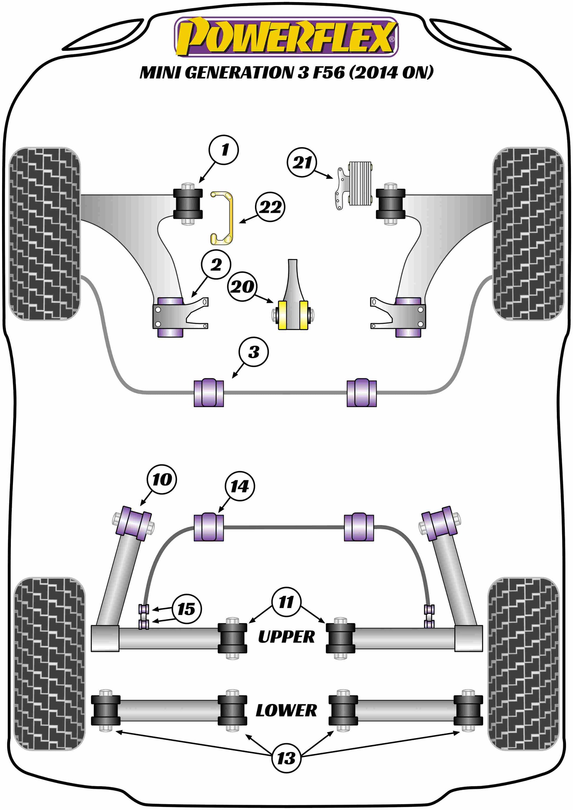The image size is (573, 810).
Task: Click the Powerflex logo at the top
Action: pos(286,37)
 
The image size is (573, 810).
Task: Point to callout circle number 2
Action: pos(216,264)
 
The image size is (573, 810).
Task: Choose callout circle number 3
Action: pos(253,352)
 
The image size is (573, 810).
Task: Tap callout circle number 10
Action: pos(162,479)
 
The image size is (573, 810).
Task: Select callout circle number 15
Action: pos(186,609)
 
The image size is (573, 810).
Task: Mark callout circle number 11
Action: pos(286,602)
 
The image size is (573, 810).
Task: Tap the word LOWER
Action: pos(286,711)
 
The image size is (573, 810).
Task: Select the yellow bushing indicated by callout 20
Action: pos(293,315)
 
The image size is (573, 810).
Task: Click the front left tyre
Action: pos(44,233)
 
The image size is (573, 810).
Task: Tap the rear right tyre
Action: pos(523,664)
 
